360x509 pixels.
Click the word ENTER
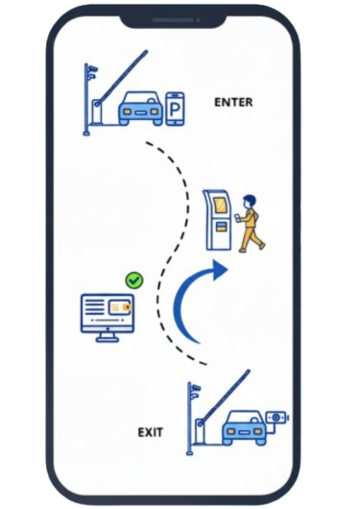point(233,101)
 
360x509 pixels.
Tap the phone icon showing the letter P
point(176,107)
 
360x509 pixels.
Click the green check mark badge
point(134,280)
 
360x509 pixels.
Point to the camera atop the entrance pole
point(90,71)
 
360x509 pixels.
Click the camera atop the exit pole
point(195,389)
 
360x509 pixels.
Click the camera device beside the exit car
point(277,420)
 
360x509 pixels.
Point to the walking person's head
point(251,201)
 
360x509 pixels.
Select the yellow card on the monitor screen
point(120,307)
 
